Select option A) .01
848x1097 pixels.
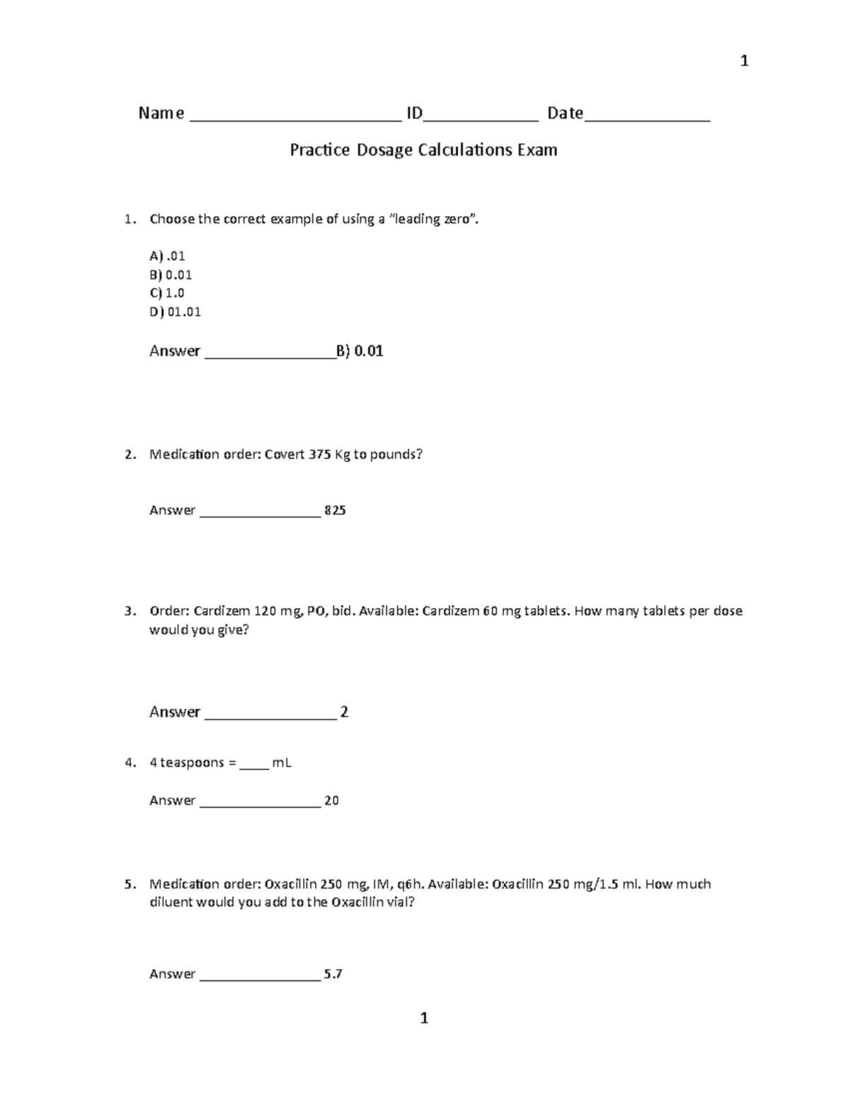[167, 256]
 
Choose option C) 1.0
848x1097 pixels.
[167, 293]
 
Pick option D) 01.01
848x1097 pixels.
[175, 312]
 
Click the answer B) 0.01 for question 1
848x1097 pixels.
[360, 351]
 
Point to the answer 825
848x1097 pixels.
[335, 510]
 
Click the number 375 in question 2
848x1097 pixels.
[319, 454]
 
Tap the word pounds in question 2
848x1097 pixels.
[396, 454]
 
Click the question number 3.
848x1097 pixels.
[129, 611]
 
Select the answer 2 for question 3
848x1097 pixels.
[344, 712]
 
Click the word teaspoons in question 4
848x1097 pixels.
[192, 763]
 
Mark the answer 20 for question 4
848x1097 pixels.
[331, 800]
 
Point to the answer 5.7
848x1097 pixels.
[333, 974]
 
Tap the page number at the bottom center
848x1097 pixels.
[424, 1018]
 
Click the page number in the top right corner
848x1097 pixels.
[743, 61]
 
